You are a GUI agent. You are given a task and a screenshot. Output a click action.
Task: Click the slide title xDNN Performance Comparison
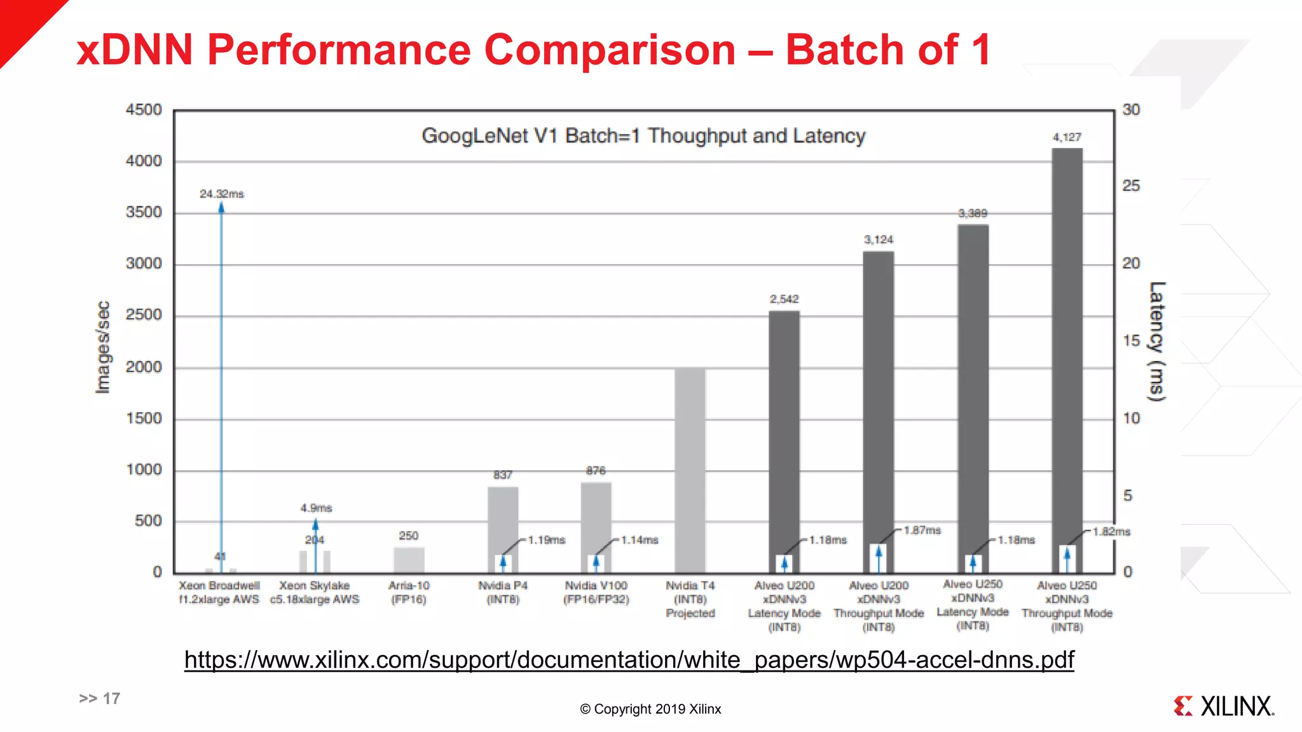pos(533,50)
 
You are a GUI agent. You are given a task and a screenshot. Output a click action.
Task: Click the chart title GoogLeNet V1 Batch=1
pos(643,136)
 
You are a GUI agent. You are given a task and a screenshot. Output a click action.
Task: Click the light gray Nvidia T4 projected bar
pos(690,470)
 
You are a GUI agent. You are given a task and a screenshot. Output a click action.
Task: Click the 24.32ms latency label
pos(221,194)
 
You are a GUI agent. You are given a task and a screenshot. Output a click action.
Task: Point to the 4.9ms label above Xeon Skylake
pos(316,508)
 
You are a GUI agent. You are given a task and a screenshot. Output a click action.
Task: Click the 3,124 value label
pos(878,240)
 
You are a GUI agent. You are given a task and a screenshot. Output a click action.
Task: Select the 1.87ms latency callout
pos(922,530)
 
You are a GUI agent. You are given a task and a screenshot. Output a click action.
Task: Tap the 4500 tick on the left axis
pos(144,110)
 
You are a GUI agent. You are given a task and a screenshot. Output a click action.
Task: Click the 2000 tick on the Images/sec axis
pos(144,367)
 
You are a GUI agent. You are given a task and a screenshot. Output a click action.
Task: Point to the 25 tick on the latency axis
pos(1131,186)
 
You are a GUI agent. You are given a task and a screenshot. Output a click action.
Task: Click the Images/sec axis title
pos(102,347)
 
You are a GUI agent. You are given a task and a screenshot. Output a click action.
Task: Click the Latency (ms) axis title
pos(1156,341)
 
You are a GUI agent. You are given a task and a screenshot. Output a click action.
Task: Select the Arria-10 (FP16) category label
pos(409,592)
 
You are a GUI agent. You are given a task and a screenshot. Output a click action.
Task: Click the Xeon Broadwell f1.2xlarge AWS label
pos(219,592)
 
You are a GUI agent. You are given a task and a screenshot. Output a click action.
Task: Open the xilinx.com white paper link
pos(629,660)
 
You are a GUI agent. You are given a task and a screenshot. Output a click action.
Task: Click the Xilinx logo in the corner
pos(1223,706)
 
